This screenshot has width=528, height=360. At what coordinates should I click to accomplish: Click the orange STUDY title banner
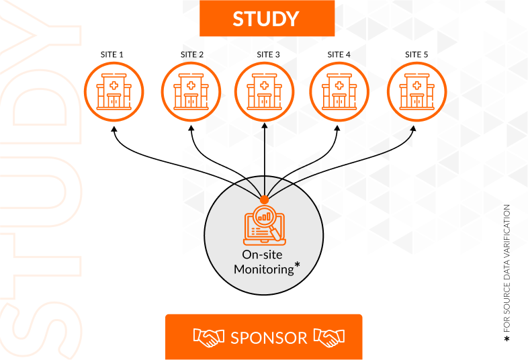click(x=267, y=18)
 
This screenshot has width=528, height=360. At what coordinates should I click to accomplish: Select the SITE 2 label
click(x=191, y=54)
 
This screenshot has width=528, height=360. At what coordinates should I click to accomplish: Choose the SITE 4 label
click(x=339, y=54)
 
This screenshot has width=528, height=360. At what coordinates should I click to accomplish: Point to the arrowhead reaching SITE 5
click(x=415, y=129)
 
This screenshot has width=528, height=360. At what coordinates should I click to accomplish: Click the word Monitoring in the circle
click(x=263, y=269)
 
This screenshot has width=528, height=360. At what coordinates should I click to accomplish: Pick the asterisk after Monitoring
click(x=298, y=267)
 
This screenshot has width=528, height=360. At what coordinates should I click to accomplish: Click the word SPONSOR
click(x=269, y=337)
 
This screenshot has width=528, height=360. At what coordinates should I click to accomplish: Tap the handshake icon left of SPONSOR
click(x=209, y=337)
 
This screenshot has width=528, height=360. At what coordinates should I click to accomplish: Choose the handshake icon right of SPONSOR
click(x=329, y=337)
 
